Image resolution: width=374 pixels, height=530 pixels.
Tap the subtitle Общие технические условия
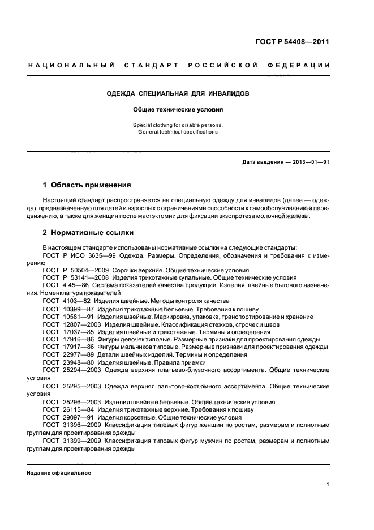point(177,110)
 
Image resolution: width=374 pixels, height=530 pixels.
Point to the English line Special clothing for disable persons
point(177,125)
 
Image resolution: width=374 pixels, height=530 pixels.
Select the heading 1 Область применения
point(87,185)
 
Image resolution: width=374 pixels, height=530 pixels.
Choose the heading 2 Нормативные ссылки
point(88,233)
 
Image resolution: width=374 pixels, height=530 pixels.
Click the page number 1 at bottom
point(328,484)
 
